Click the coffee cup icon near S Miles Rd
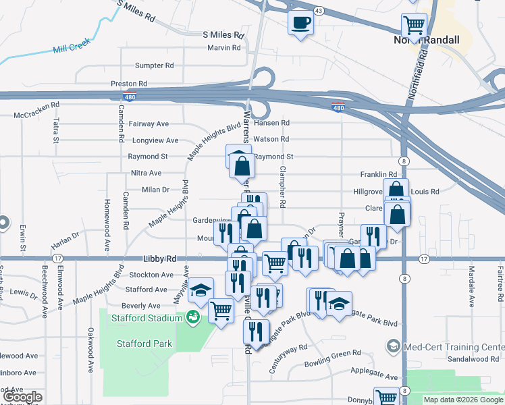[x=300, y=22]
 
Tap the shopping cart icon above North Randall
[x=414, y=26]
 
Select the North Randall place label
[x=426, y=40]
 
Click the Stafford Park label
[x=144, y=344]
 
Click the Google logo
[x=22, y=397]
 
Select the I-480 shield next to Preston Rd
[x=130, y=97]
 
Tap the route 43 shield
[x=319, y=11]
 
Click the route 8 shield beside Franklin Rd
[x=404, y=161]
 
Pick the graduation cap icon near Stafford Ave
[x=199, y=290]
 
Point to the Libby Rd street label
[x=159, y=259]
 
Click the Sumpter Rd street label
[x=155, y=65]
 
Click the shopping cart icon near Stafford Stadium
[x=221, y=310]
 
